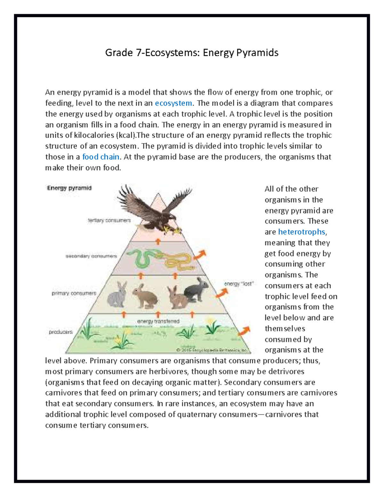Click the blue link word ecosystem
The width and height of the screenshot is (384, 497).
pos(173,103)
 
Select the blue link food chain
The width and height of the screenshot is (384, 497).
pos(101,157)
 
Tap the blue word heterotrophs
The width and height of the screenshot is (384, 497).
pos(301,232)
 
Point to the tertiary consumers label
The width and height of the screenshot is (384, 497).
pos(109,220)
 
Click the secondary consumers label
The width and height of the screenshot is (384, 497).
pos(91,256)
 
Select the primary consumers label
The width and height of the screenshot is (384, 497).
pos(74,293)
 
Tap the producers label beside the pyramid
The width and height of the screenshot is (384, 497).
pos(61,332)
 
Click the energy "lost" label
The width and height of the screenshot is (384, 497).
pos(239,284)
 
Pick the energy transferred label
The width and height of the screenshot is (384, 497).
pos(158,321)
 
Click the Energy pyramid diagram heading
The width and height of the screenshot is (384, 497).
pos(69,188)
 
